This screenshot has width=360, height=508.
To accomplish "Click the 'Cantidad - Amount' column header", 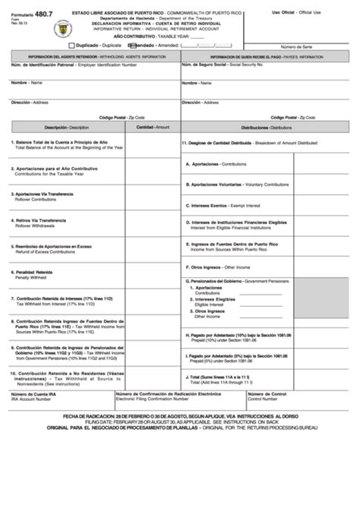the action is [151, 128].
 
